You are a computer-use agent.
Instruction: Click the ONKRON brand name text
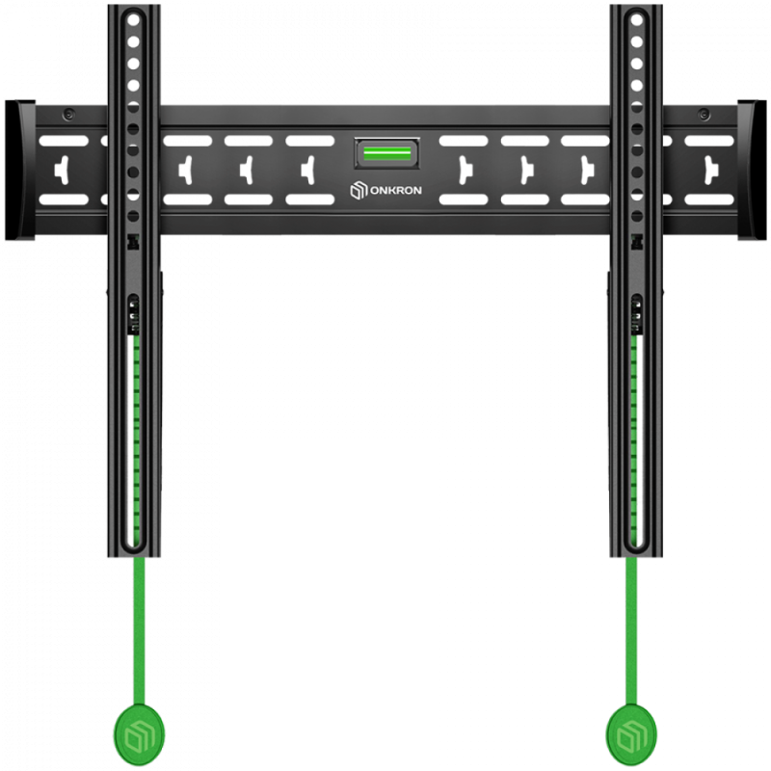point(395,190)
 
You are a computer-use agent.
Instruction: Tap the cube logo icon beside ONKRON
point(359,190)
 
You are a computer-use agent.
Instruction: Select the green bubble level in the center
point(387,153)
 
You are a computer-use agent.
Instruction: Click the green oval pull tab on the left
point(139,734)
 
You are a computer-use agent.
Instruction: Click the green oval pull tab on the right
point(631,734)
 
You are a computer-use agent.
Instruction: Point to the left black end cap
point(20,171)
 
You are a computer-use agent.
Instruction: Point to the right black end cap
point(752,171)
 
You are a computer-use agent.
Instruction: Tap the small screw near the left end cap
point(68,115)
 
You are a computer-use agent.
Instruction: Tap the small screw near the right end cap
point(705,115)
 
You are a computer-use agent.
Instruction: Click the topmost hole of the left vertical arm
point(133,20)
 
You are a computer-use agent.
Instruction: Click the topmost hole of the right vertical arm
point(637,20)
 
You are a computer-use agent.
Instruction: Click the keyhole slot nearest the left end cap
point(63,171)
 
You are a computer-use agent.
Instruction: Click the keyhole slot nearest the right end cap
point(710,171)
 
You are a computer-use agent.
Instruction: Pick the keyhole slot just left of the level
point(308,171)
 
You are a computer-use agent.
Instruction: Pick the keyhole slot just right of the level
point(465,171)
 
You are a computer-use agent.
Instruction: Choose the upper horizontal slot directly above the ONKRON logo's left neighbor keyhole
point(309,141)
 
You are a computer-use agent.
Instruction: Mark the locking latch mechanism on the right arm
point(636,315)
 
